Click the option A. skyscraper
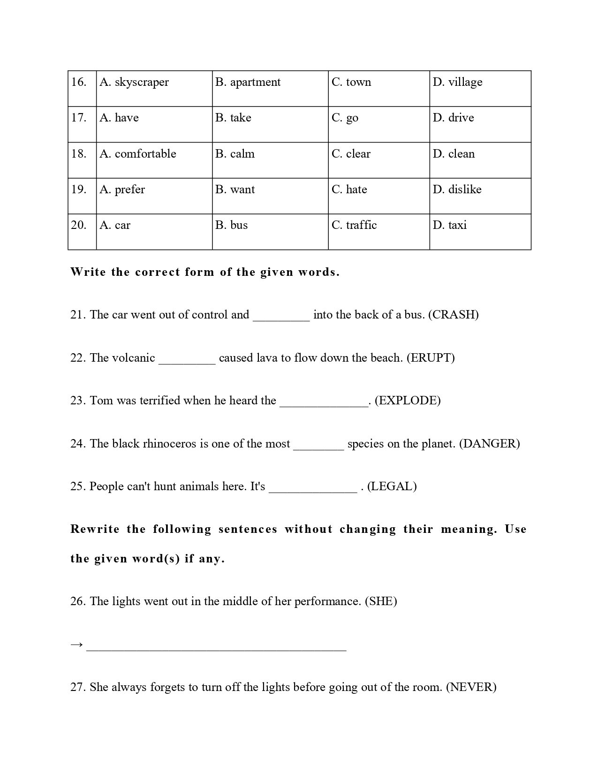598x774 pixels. coord(134,83)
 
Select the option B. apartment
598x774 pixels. coord(248,83)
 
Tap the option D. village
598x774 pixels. coord(457,83)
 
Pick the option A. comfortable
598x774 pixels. coord(138,154)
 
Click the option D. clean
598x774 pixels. coord(454,154)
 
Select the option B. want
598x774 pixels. coord(235,190)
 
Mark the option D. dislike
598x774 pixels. coord(457,190)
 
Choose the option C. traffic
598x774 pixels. coord(354,225)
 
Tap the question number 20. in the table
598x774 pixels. coord(79,225)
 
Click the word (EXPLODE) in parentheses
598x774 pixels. coord(408,401)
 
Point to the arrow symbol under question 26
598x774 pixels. coord(76,645)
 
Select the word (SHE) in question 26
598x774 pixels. coord(381,601)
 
